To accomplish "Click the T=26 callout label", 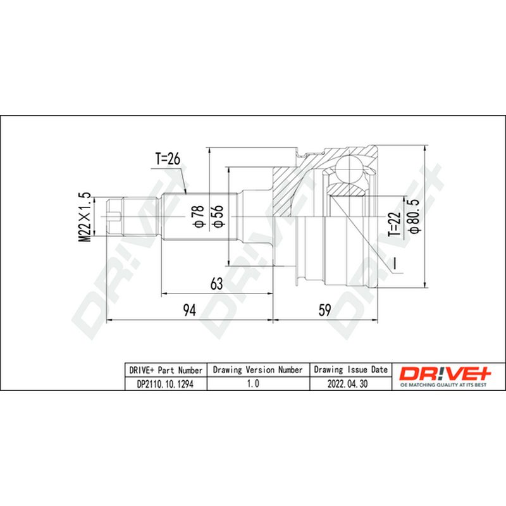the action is pyautogui.click(x=168, y=159).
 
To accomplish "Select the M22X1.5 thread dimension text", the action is pyautogui.click(x=85, y=217).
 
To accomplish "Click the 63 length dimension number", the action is pyautogui.click(x=216, y=283).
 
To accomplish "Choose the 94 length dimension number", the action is pyautogui.click(x=189, y=310).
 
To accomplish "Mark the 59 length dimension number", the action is pyautogui.click(x=324, y=310).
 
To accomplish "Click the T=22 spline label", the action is pyautogui.click(x=395, y=225).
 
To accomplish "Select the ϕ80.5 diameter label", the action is pyautogui.click(x=414, y=216).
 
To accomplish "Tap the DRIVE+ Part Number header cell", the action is pyautogui.click(x=166, y=370).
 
